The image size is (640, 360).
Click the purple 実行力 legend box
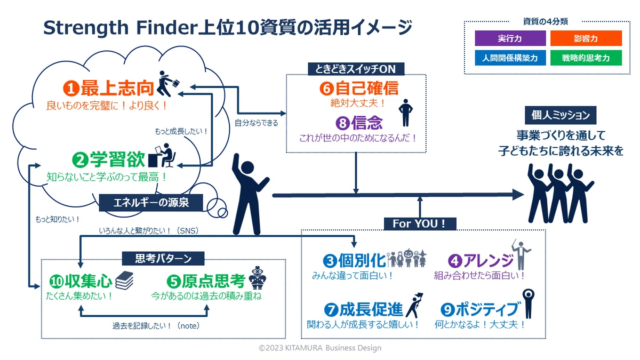tap(510, 38)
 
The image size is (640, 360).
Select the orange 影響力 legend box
tap(586, 38)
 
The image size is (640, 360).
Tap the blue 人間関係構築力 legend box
tap(510, 58)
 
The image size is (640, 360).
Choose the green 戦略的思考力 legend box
tap(586, 58)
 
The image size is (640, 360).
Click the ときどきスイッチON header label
tap(356, 69)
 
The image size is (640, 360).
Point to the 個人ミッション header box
tap(561, 115)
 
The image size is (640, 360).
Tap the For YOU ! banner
tap(420, 223)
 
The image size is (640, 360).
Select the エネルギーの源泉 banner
tap(151, 203)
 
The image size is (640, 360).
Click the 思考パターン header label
tap(163, 259)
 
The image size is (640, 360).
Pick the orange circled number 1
tap(71, 89)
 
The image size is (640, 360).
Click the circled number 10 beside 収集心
tap(57, 282)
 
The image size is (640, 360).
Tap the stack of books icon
tap(124, 281)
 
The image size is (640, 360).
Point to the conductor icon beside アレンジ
tap(521, 254)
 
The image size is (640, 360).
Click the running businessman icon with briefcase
tap(168, 84)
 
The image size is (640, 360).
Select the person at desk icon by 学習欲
tap(162, 155)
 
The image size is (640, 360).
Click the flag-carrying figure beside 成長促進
tap(415, 306)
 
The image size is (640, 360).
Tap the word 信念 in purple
tap(367, 123)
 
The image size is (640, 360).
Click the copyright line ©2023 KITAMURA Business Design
tap(320, 348)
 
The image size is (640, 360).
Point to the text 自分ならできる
tap(257, 123)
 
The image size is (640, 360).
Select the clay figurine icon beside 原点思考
tap(258, 278)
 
